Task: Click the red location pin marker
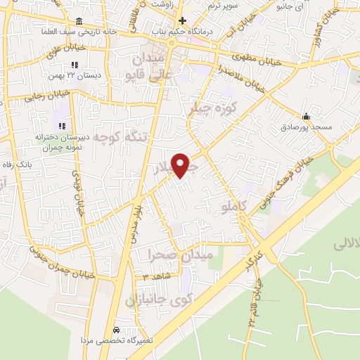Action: coord(181,165)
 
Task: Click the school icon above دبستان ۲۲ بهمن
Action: coord(74,65)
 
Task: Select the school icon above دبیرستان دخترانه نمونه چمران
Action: coord(62,126)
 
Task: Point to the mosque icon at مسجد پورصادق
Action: coord(305,117)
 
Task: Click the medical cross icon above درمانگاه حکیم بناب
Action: coord(182,20)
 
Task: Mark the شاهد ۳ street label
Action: coord(157,276)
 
